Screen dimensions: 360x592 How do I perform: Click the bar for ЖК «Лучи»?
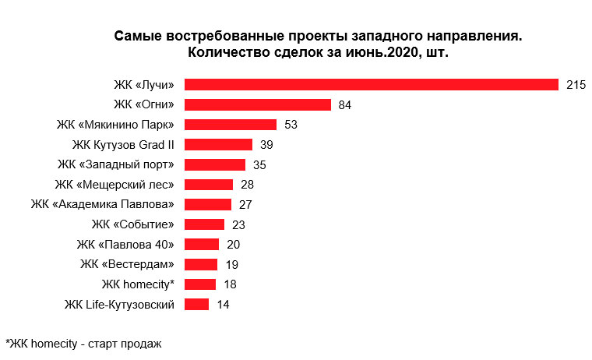pyautogui.click(x=372, y=84)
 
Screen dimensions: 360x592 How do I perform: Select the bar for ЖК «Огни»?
pyautogui.click(x=258, y=104)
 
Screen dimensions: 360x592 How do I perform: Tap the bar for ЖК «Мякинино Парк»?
pyautogui.click(x=231, y=125)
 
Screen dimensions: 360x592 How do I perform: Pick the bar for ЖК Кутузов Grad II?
pyautogui.click(x=218, y=144)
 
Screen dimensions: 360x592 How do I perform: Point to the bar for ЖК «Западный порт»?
pyautogui.click(x=215, y=164)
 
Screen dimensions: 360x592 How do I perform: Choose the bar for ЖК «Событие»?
pyautogui.click(x=204, y=224)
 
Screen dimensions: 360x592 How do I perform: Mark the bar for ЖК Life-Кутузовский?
pyautogui.click(x=196, y=304)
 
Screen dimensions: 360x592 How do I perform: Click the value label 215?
pyautogui.click(x=576, y=84)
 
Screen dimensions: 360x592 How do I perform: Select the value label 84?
pyautogui.click(x=345, y=104)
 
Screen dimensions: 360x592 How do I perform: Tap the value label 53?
pyautogui.click(x=291, y=125)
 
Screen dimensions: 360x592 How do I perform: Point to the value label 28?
pyautogui.click(x=248, y=185)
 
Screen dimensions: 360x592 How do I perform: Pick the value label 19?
pyautogui.click(x=232, y=264)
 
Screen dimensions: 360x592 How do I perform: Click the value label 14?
pyautogui.click(x=224, y=304)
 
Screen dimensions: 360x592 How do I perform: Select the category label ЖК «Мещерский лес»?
pyautogui.click(x=115, y=185)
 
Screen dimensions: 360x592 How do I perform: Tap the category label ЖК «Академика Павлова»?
pyautogui.click(x=102, y=204)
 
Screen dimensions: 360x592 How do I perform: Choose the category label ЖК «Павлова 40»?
pyautogui.click(x=125, y=245)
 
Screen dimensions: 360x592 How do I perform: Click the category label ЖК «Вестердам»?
pyautogui.click(x=127, y=264)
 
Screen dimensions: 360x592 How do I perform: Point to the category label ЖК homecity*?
pyautogui.click(x=138, y=284)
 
